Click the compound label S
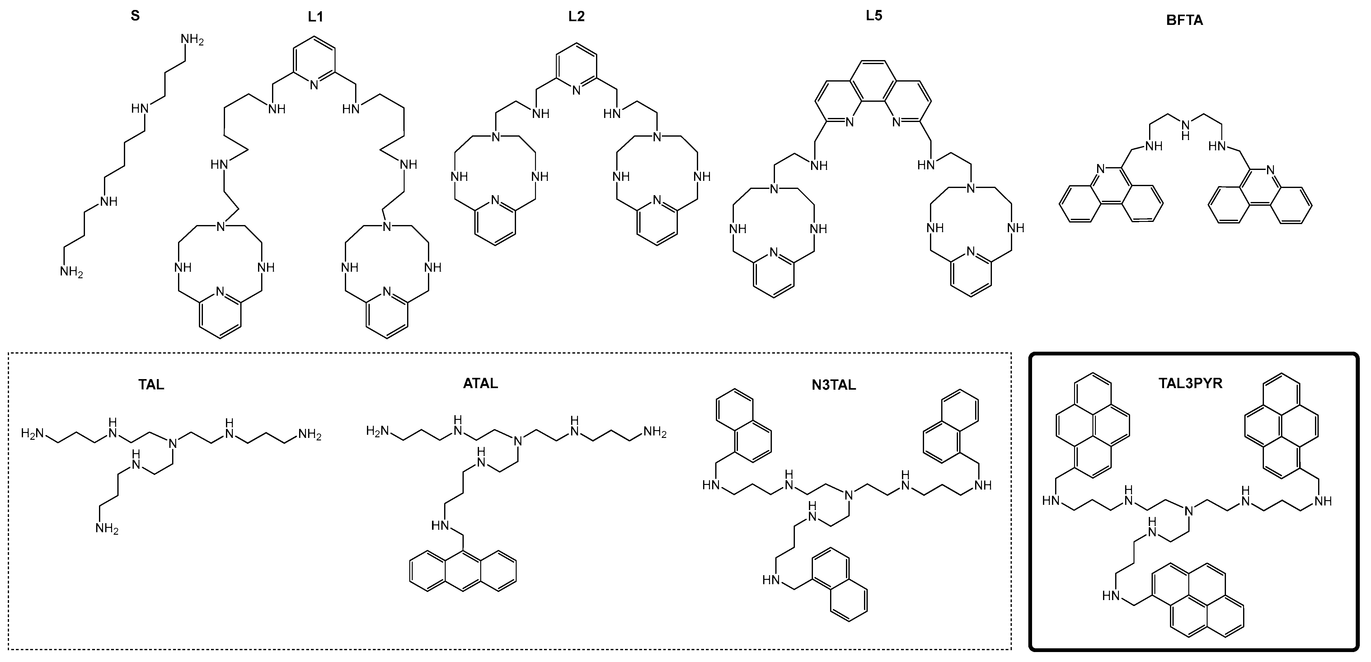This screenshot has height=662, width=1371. [x=135, y=16]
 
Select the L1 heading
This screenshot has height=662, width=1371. [x=316, y=16]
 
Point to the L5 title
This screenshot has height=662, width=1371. [x=874, y=16]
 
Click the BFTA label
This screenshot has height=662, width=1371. [x=1185, y=21]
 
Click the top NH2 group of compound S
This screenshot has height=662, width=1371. [x=192, y=40]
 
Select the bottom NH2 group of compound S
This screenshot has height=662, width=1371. [x=71, y=272]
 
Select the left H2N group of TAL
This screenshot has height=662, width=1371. [x=32, y=434]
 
